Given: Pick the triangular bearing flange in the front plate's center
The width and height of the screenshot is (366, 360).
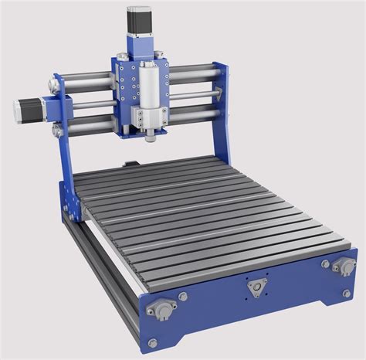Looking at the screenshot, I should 255,287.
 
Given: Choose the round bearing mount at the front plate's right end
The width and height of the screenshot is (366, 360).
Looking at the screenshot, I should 343,267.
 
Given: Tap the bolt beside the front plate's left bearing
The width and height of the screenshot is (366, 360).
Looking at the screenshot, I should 183,296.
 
